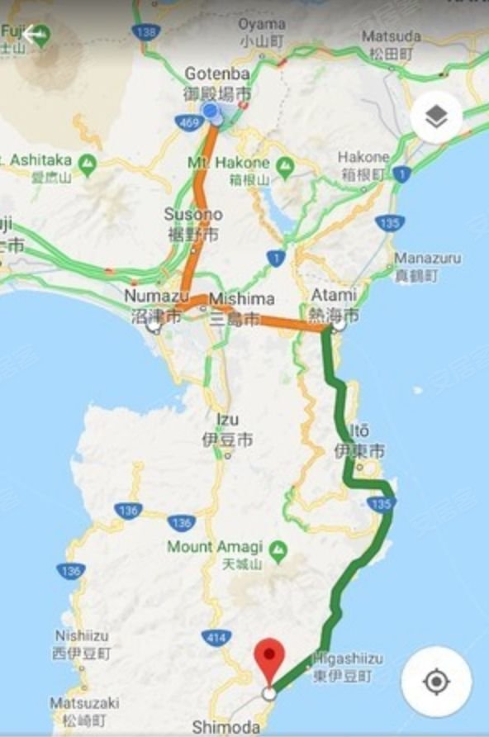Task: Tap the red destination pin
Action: [268, 658]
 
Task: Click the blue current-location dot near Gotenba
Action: [211, 112]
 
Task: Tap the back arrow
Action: [34, 35]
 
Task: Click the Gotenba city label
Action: [217, 83]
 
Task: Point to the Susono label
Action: [193, 223]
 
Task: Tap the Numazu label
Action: [152, 305]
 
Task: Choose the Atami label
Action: [335, 303]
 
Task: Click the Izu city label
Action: [227, 430]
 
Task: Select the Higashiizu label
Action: [348, 667]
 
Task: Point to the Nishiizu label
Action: [83, 644]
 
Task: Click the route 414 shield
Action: [216, 636]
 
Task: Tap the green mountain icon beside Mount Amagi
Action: [278, 547]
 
